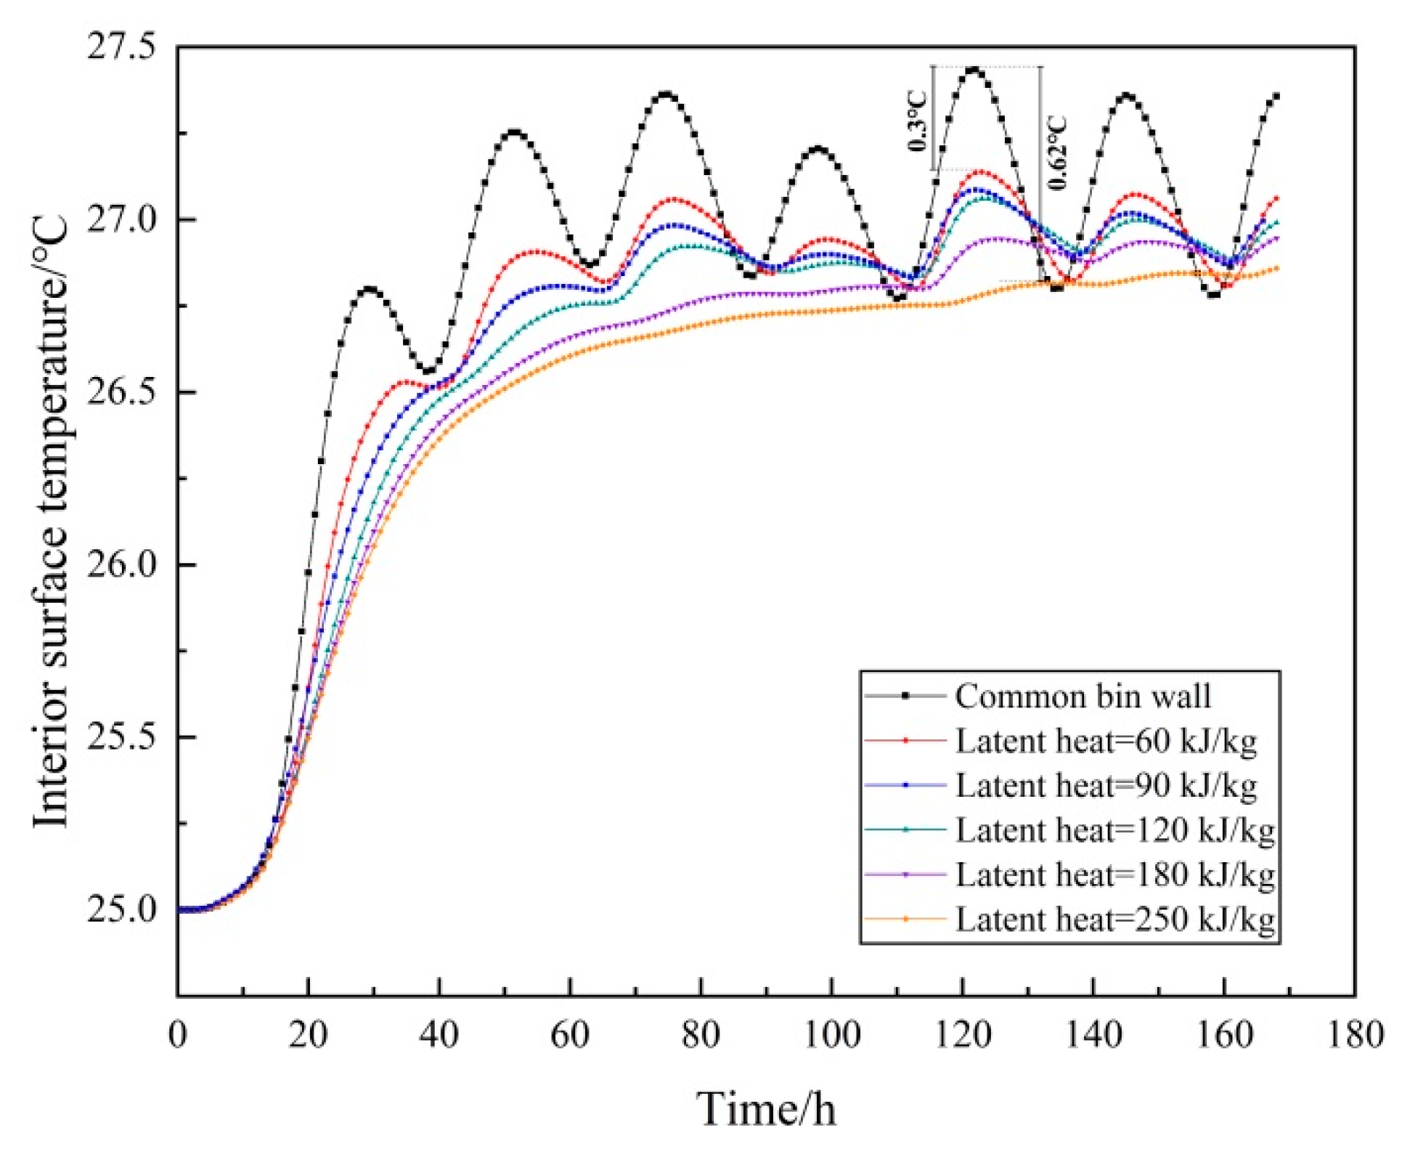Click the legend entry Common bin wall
tap(1083, 697)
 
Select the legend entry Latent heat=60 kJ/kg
tap(1105, 742)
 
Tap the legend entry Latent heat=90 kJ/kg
tap(1105, 786)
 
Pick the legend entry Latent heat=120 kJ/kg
tap(1114, 830)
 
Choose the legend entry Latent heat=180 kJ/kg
tap(1114, 875)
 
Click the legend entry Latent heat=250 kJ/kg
tap(1114, 920)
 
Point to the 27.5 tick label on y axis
tap(122, 47)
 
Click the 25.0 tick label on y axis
tap(122, 909)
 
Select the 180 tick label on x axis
tap(1355, 1034)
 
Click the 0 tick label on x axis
tap(178, 1034)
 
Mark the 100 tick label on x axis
tap(832, 1034)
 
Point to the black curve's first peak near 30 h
tap(370, 289)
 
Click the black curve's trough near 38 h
tap(428, 371)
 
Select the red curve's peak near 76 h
tap(673, 198)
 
